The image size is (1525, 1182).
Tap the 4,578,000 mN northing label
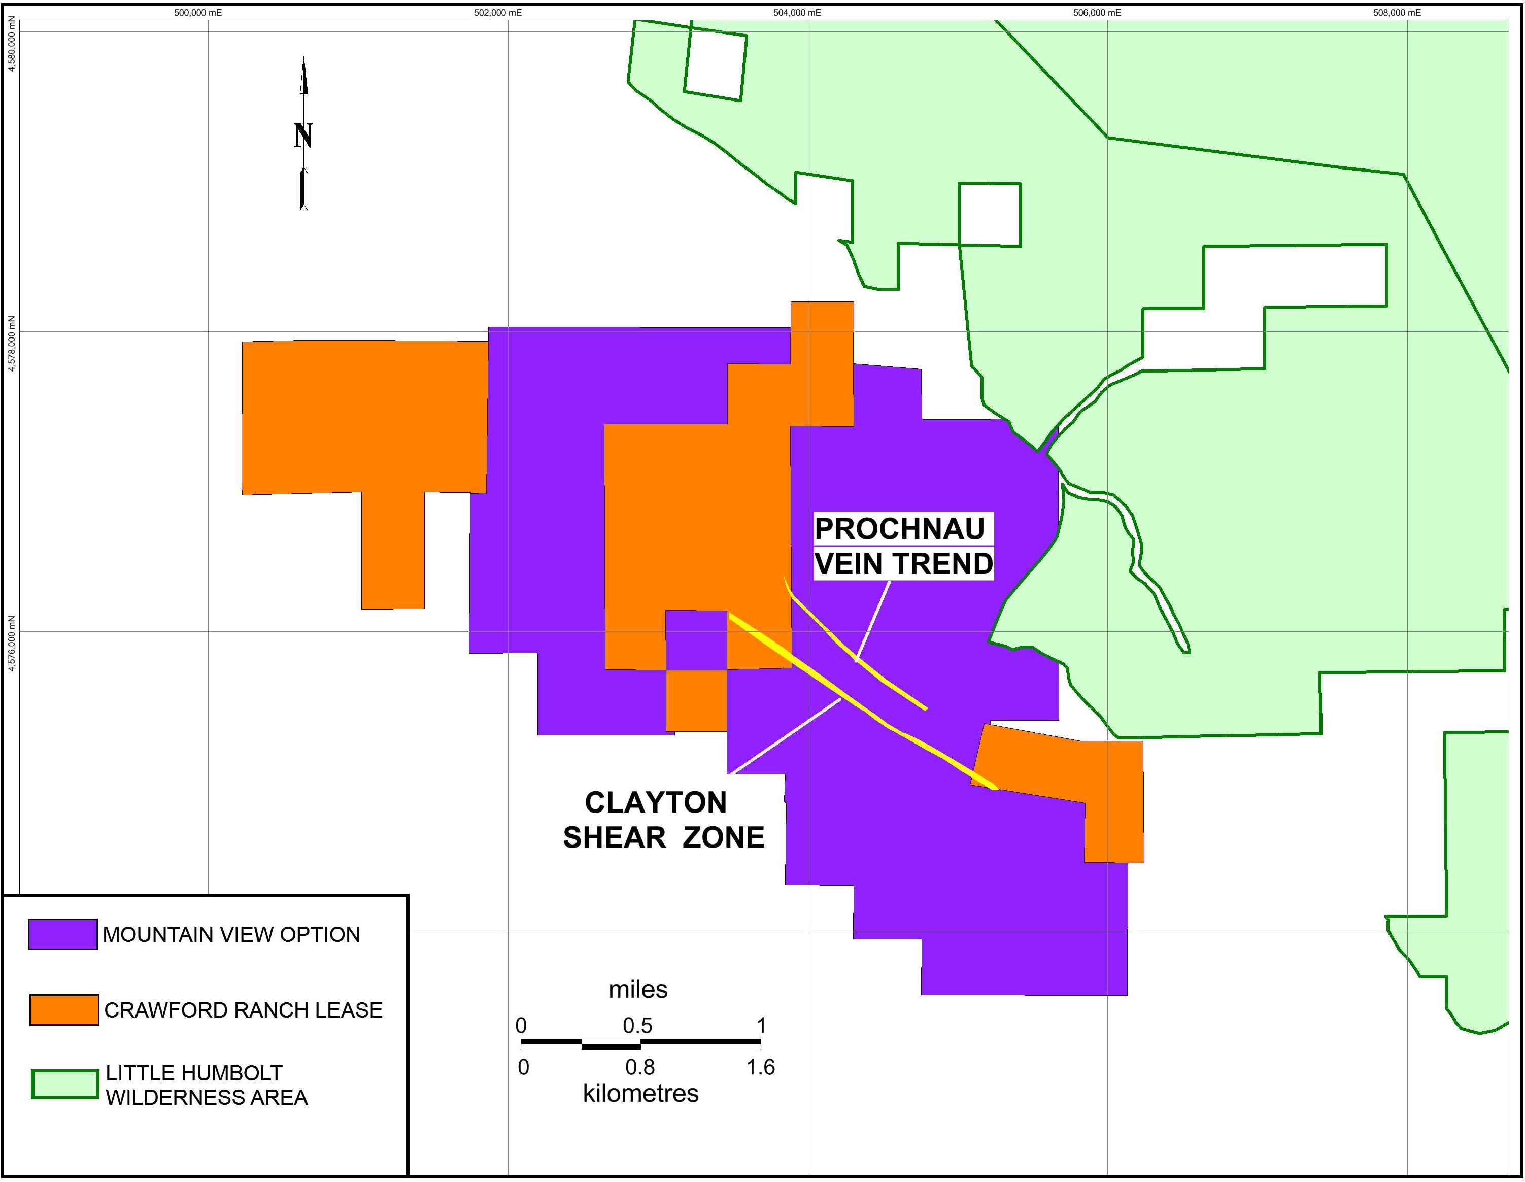[11, 343]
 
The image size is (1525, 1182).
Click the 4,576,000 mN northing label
[11, 643]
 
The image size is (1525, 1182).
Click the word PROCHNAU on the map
[899, 529]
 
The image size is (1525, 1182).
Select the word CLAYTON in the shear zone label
[656, 803]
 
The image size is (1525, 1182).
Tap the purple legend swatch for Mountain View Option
[63, 934]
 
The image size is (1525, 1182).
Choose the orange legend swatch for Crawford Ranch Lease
[64, 1009]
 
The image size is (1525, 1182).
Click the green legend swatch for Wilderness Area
[65, 1084]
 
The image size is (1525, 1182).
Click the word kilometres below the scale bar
[640, 1093]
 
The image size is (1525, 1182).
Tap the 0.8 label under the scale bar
[639, 1067]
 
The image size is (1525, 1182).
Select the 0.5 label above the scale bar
[637, 1026]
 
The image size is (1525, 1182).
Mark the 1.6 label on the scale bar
[760, 1067]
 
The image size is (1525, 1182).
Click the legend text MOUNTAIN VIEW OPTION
[231, 935]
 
